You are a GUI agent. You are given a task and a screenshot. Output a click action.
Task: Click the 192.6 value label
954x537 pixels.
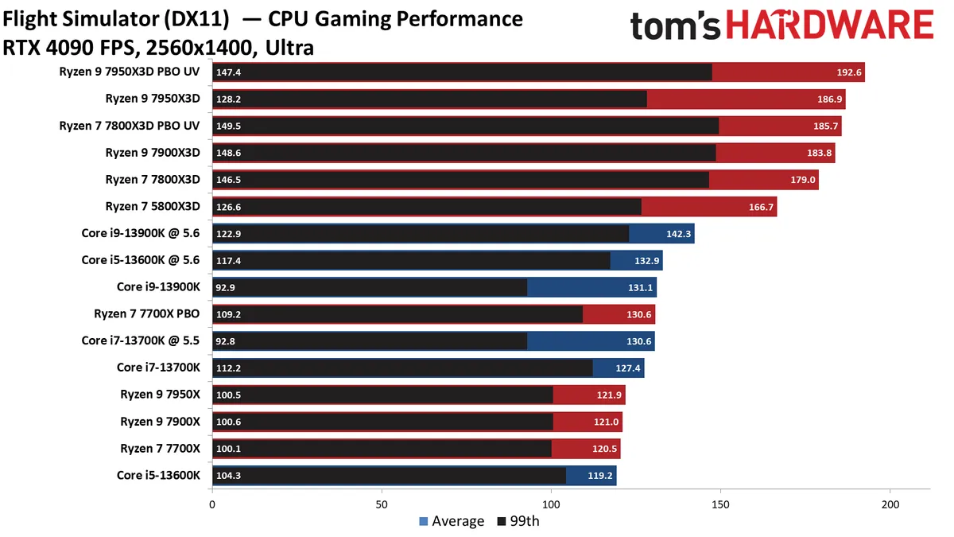tap(848, 72)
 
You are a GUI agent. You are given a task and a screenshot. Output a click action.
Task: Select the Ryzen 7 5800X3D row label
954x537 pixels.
tap(153, 207)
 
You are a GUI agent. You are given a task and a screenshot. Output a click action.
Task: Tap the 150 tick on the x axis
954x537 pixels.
tap(720, 504)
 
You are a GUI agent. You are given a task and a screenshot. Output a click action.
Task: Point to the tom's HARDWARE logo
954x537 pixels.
tap(781, 26)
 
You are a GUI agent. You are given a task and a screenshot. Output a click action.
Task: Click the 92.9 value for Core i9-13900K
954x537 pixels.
tap(228, 288)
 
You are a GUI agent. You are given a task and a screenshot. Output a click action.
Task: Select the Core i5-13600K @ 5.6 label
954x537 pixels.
tap(141, 260)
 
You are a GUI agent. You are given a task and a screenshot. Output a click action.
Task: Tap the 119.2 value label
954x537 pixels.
tap(600, 476)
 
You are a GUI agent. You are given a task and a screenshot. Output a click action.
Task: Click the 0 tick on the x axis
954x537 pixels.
tap(212, 504)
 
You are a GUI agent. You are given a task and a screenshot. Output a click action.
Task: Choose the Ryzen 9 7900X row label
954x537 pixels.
tap(160, 422)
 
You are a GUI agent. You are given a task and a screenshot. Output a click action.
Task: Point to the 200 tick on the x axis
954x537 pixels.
tap(890, 504)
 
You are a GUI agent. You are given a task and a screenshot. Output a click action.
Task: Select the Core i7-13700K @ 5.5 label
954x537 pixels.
tap(141, 340)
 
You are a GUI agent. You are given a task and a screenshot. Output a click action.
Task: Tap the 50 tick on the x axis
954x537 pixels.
tap(382, 504)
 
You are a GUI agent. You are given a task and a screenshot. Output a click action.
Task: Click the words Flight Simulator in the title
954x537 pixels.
tap(83, 19)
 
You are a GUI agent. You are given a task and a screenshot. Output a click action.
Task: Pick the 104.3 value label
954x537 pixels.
tap(229, 476)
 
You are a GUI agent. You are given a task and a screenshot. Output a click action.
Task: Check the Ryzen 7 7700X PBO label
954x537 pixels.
tap(146, 314)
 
